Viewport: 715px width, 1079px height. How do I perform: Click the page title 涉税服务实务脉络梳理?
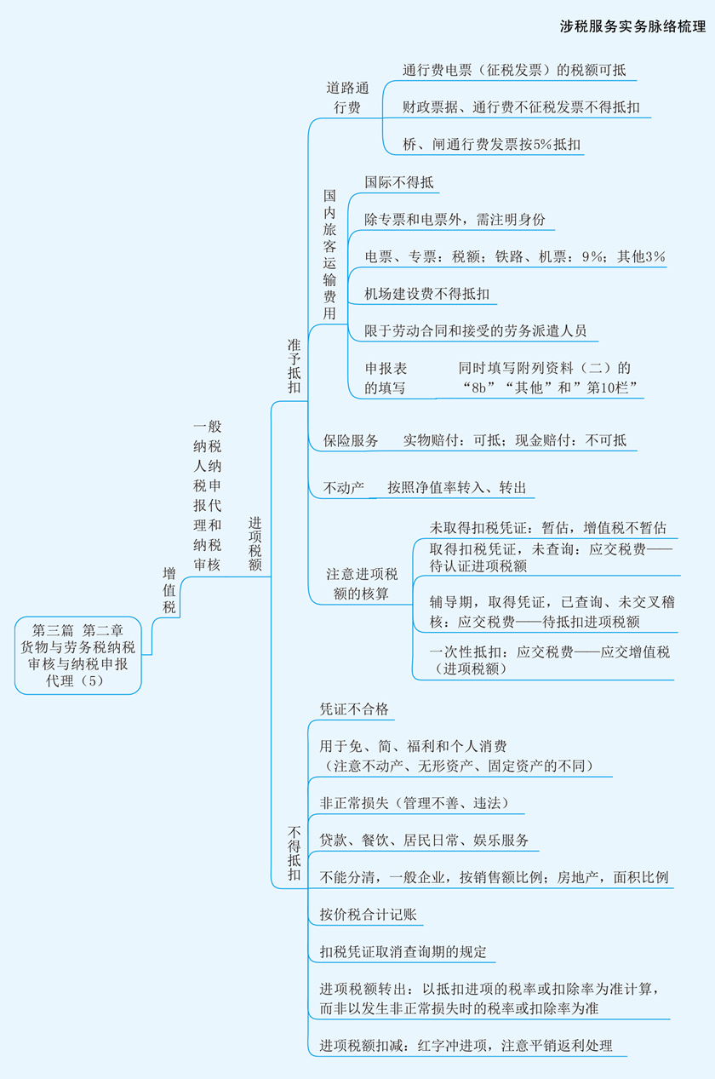tap(632, 26)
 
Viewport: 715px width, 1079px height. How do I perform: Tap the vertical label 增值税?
tap(169, 590)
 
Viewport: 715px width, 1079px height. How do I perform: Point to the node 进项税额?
tap(255, 544)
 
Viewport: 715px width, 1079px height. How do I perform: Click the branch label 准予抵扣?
tap(294, 366)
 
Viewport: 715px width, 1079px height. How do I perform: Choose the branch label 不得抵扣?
tap(294, 853)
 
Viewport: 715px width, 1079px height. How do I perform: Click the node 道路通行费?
tap(347, 97)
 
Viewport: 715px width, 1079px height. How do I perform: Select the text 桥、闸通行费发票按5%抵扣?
tap(492, 144)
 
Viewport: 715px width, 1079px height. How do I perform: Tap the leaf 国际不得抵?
tap(399, 182)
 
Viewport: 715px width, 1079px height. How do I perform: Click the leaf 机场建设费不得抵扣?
tap(427, 293)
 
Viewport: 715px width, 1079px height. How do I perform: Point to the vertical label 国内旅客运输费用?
tap(329, 255)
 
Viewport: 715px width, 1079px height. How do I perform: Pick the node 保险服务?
tap(351, 440)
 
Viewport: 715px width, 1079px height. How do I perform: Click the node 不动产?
tap(344, 488)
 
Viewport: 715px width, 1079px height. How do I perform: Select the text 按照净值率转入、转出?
tap(457, 487)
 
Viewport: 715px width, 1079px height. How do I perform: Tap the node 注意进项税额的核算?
tap(362, 584)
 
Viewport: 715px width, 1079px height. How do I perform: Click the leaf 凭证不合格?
tap(354, 709)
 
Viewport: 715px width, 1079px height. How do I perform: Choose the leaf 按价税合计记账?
tap(369, 915)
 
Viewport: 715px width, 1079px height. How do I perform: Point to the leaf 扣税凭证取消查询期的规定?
tap(403, 952)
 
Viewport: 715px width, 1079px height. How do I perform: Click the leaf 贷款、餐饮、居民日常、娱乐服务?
tap(424, 840)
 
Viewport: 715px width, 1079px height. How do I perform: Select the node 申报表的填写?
tap(386, 378)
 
